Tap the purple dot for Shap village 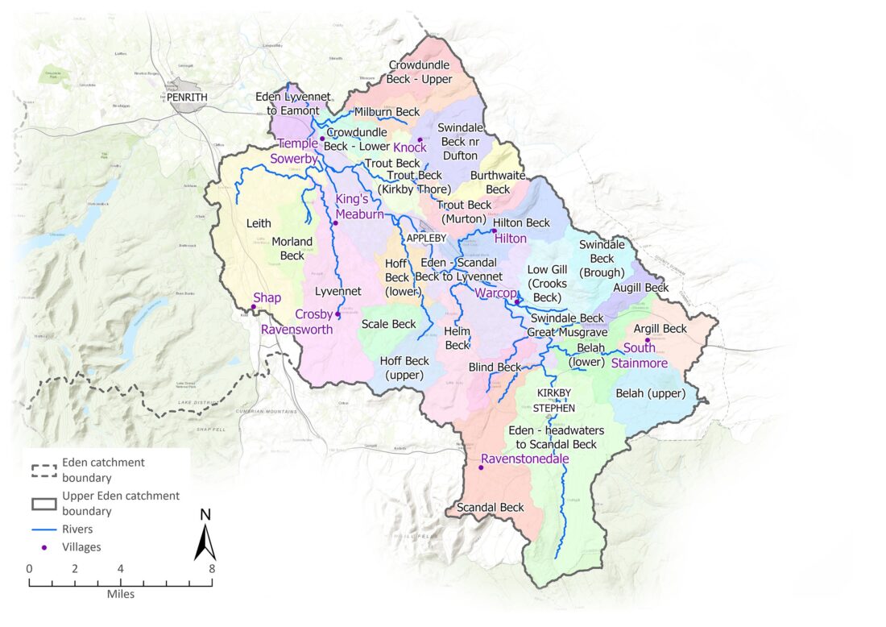point(253,307)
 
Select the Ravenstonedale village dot point(481,467)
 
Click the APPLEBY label point(425,239)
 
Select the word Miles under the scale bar point(120,594)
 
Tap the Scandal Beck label point(490,508)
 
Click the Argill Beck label point(660,329)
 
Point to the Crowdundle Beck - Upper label point(420,72)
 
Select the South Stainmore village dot point(647,340)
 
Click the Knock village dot point(420,139)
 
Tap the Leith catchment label point(259,223)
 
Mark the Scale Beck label point(388,324)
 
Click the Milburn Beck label point(387,111)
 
